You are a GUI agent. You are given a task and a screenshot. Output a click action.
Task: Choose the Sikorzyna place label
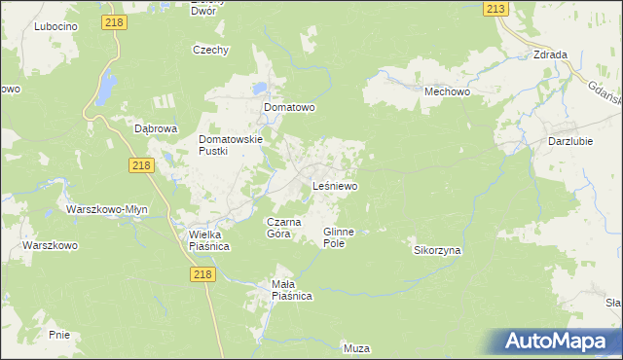click(x=437, y=250)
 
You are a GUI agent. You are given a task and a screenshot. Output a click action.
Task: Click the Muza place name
click(x=357, y=347)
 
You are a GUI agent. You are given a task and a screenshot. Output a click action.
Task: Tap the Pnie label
click(x=58, y=334)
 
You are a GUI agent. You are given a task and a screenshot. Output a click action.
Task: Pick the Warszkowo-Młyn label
click(x=106, y=209)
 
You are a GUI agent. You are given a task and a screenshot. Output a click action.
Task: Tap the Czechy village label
click(x=210, y=50)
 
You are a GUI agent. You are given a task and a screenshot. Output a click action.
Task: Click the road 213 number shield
click(x=495, y=9)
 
